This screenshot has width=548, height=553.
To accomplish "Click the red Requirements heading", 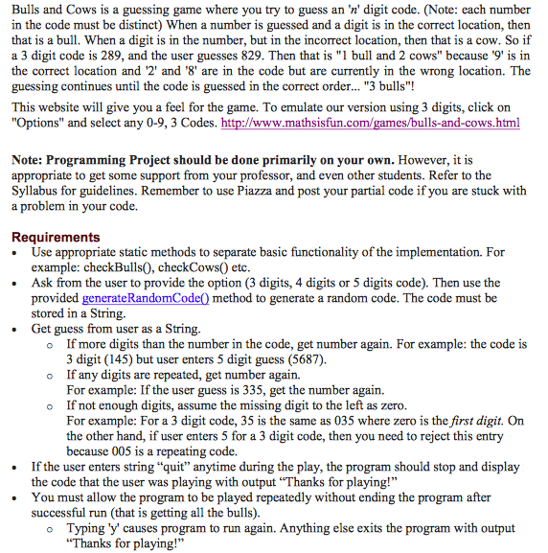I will click(x=55, y=237).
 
